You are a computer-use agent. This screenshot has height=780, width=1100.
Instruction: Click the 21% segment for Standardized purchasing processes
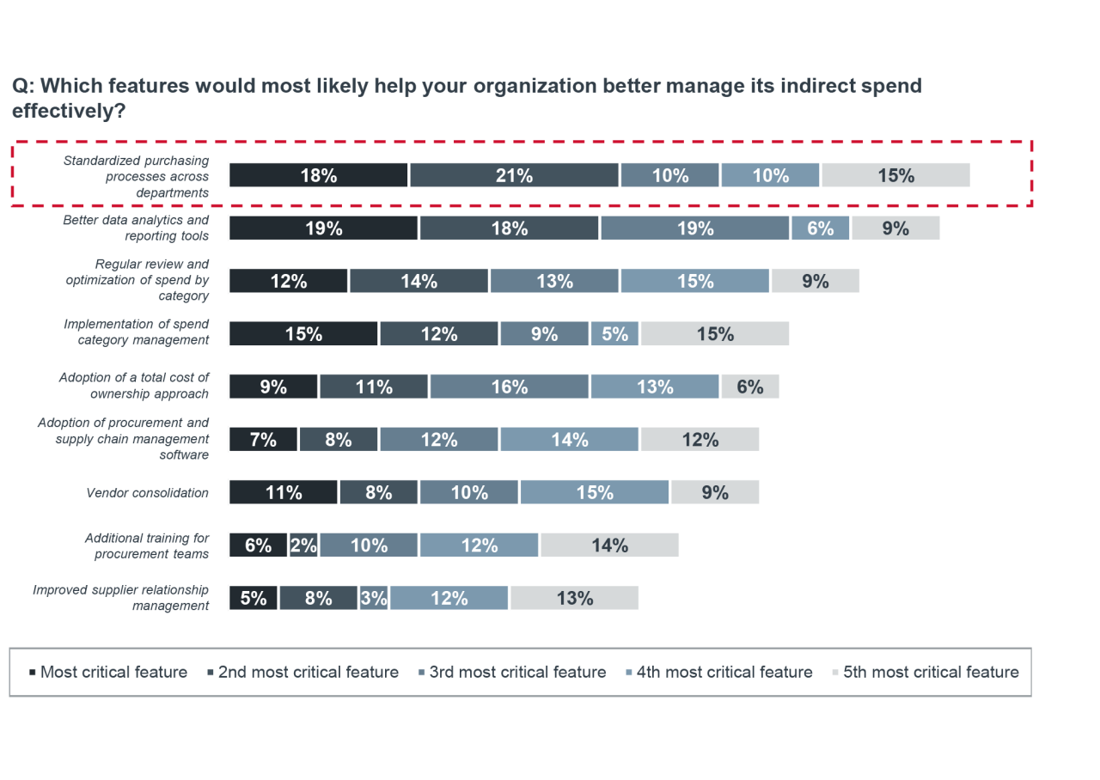pyautogui.click(x=514, y=175)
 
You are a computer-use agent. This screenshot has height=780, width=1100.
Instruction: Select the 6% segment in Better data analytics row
pyautogui.click(x=820, y=229)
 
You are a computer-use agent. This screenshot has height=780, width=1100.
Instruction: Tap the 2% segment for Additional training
pyautogui.click(x=303, y=545)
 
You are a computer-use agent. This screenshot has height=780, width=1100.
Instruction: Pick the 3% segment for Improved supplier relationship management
pyautogui.click(x=374, y=598)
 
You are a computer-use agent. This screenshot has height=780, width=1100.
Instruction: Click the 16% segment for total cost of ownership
pyautogui.click(x=510, y=387)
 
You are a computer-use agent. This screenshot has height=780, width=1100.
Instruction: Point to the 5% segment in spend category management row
pyautogui.click(x=614, y=334)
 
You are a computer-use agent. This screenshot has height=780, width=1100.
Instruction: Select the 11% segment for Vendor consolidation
pyautogui.click(x=284, y=492)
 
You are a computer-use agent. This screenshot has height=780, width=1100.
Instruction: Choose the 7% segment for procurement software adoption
pyautogui.click(x=263, y=440)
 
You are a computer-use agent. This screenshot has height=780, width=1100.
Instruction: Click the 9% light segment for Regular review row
pyautogui.click(x=815, y=281)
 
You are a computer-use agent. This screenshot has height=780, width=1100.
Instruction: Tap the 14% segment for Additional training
pyautogui.click(x=609, y=545)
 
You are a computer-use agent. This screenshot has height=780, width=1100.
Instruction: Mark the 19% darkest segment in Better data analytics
pyautogui.click(x=323, y=229)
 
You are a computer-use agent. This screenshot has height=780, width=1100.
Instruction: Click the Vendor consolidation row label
pyautogui.click(x=147, y=493)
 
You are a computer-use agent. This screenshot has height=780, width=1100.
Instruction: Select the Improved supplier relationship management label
pyautogui.click(x=121, y=598)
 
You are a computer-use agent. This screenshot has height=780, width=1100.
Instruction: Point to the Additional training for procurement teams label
pyautogui.click(x=146, y=545)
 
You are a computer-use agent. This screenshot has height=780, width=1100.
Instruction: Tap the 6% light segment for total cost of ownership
pyautogui.click(x=749, y=387)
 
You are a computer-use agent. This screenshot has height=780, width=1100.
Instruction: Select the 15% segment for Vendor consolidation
pyautogui.click(x=594, y=492)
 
